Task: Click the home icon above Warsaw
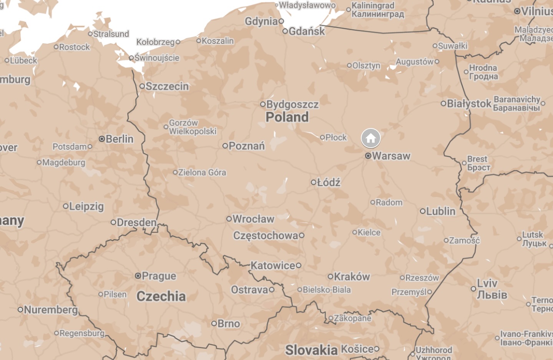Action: pos(370,138)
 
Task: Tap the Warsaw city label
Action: pos(391,156)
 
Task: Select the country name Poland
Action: pos(287,117)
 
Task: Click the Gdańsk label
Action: pos(306,31)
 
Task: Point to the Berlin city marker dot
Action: pos(102,139)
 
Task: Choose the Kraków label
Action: pos(352,277)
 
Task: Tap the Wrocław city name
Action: pos(253,219)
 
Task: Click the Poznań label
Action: pos(246,146)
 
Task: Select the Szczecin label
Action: pos(167,86)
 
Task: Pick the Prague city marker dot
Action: pos(138,276)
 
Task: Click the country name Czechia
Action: pos(161,296)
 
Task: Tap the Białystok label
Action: pos(469,103)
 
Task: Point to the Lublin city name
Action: pos(440,211)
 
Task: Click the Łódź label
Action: pos(329,182)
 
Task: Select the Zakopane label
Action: pos(352,318)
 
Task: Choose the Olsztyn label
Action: pos(366,65)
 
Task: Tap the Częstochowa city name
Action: pos(266,235)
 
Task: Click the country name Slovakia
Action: pos(311,350)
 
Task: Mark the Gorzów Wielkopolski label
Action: pos(193,127)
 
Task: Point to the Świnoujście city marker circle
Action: pos(131,58)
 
